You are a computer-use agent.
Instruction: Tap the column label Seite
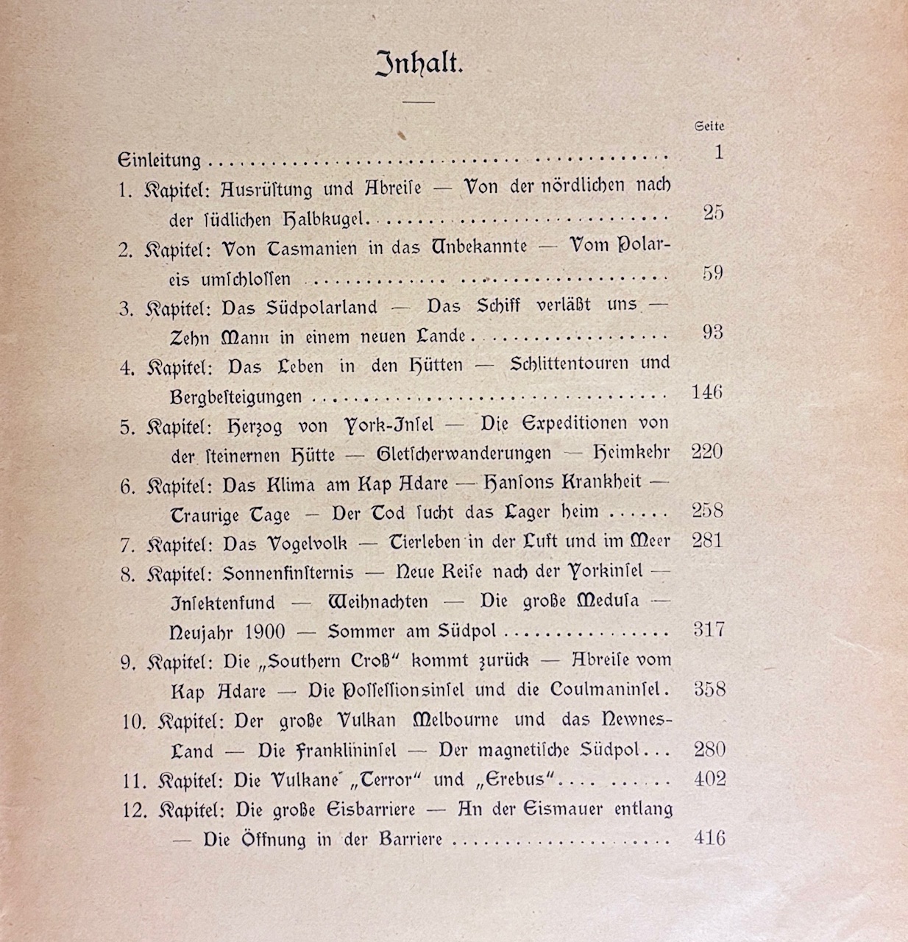[x=709, y=127]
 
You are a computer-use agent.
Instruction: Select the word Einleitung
[x=160, y=160]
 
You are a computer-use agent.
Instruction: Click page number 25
[x=713, y=213]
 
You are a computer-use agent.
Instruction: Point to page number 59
[x=712, y=273]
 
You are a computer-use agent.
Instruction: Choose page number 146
[x=707, y=392]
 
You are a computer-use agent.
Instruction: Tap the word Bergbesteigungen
[x=235, y=397]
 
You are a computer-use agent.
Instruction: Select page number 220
[x=707, y=452]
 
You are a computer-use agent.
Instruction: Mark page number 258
[x=707, y=511]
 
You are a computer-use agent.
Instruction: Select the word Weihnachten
[x=377, y=602]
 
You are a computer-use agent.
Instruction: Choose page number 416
[x=709, y=838]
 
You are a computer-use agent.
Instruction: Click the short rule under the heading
[x=419, y=101]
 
